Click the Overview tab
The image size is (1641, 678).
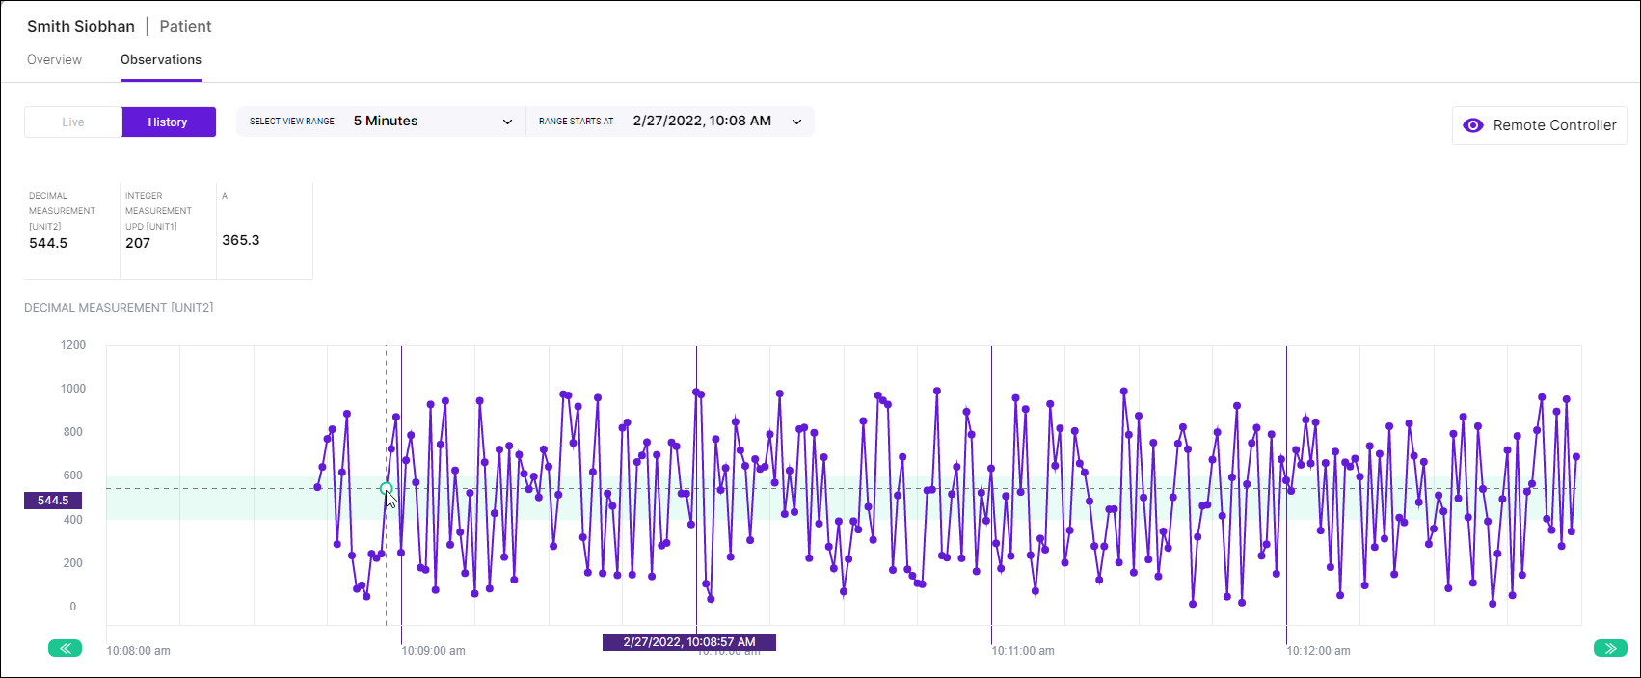click(x=54, y=60)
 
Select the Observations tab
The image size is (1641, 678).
click(x=161, y=60)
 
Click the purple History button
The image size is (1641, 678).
click(x=168, y=122)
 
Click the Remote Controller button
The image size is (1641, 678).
click(x=1539, y=125)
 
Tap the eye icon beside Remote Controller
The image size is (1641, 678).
click(x=1473, y=125)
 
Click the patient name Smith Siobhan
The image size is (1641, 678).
click(x=81, y=27)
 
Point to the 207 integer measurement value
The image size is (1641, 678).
click(x=138, y=243)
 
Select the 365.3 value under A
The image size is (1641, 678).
click(x=241, y=240)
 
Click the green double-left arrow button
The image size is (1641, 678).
click(x=65, y=648)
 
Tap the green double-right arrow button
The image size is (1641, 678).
click(x=1610, y=648)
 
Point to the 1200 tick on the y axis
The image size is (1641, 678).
click(x=73, y=345)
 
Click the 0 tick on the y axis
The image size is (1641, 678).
click(x=72, y=607)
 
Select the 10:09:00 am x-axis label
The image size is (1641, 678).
click(x=433, y=651)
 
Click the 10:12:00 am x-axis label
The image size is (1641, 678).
click(x=1318, y=651)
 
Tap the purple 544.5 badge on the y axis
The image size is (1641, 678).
click(x=53, y=501)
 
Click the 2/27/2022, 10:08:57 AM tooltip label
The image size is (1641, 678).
click(x=688, y=642)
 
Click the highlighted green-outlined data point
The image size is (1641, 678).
click(x=387, y=489)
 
